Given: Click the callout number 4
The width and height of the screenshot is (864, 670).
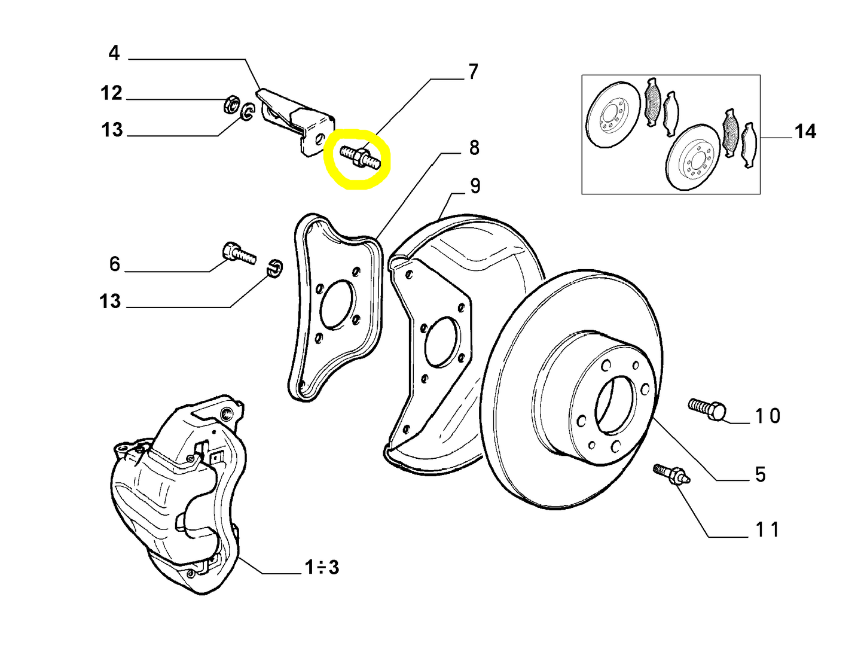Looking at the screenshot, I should (114, 53).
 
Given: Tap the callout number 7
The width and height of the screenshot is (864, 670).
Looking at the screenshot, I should (473, 72).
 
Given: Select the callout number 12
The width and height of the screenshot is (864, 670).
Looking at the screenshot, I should (111, 93).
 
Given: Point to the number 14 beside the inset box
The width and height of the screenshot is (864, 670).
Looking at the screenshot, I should (805, 132).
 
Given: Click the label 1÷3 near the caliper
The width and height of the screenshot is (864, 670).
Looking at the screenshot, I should (322, 567).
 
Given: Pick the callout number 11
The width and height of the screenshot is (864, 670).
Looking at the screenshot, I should (767, 529).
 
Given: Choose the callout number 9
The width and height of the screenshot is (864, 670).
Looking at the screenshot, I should (475, 186).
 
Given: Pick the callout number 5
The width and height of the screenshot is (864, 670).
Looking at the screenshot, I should (760, 474).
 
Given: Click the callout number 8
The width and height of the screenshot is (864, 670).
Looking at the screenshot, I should (474, 147).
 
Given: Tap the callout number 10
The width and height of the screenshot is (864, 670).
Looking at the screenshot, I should (767, 416).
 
